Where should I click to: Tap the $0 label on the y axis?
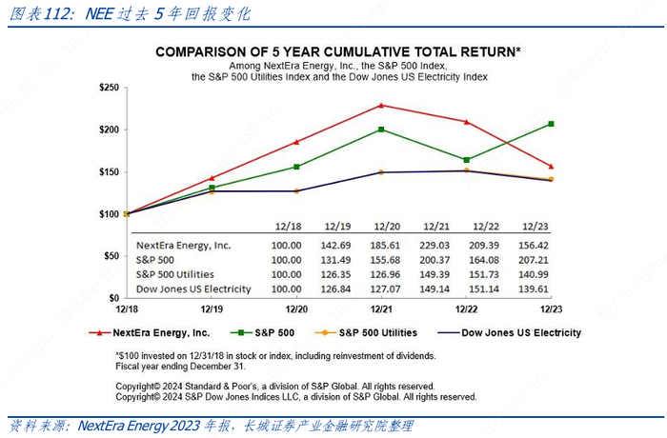pyautogui.click(x=112, y=297)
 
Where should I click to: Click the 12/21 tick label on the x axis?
pyautogui.click(x=382, y=310)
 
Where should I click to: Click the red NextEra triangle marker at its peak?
pyautogui.click(x=382, y=105)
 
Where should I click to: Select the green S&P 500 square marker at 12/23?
pyautogui.click(x=551, y=124)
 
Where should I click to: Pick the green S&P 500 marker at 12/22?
pyautogui.click(x=467, y=160)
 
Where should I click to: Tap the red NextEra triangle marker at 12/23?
pyautogui.click(x=551, y=167)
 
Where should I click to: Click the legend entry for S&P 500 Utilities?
pyautogui.click(x=373, y=333)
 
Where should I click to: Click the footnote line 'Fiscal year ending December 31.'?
pyautogui.click(x=182, y=366)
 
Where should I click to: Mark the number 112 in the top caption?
pyautogui.click(x=57, y=14)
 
